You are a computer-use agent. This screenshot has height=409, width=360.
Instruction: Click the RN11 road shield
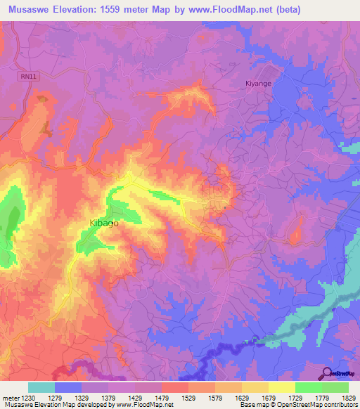click(26, 74)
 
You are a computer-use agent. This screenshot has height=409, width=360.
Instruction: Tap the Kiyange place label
click(258, 82)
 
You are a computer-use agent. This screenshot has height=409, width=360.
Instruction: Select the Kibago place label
click(103, 223)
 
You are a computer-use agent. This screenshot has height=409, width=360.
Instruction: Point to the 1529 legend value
click(188, 397)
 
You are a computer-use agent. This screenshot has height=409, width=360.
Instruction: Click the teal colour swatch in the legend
click(41, 387)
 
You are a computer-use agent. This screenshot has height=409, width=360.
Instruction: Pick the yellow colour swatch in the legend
click(282, 387)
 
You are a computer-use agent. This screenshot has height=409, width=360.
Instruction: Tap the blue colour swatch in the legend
click(68, 387)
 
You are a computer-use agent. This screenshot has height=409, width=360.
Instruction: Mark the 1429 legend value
click(135, 397)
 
